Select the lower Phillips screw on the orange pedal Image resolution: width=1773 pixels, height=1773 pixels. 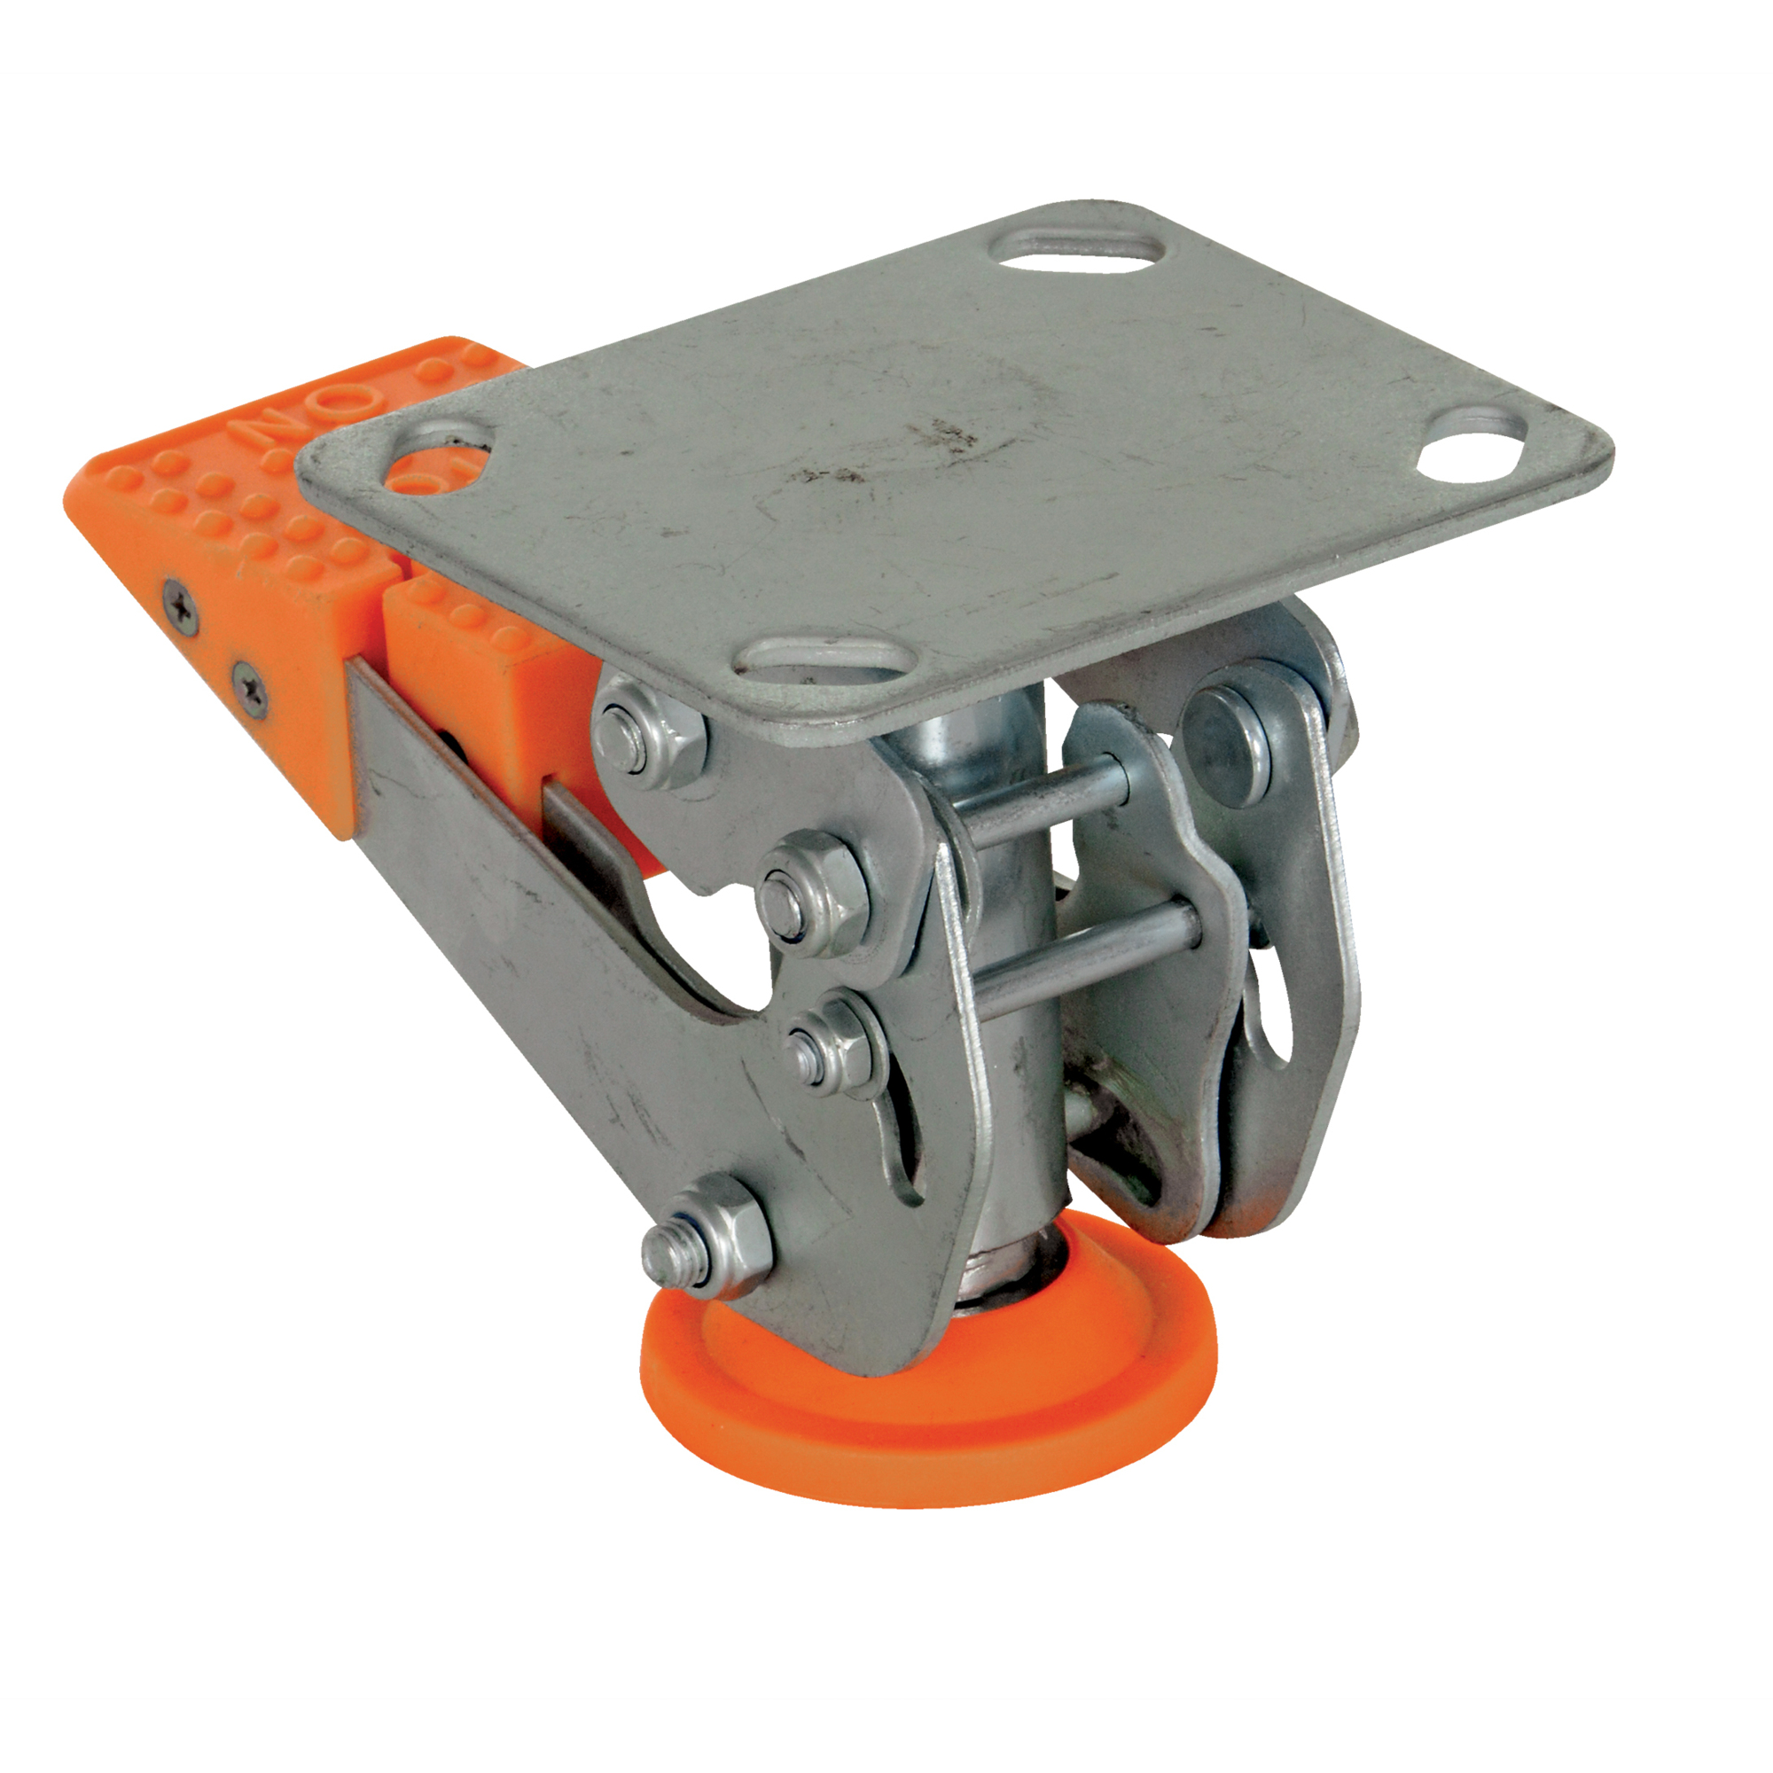249,683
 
